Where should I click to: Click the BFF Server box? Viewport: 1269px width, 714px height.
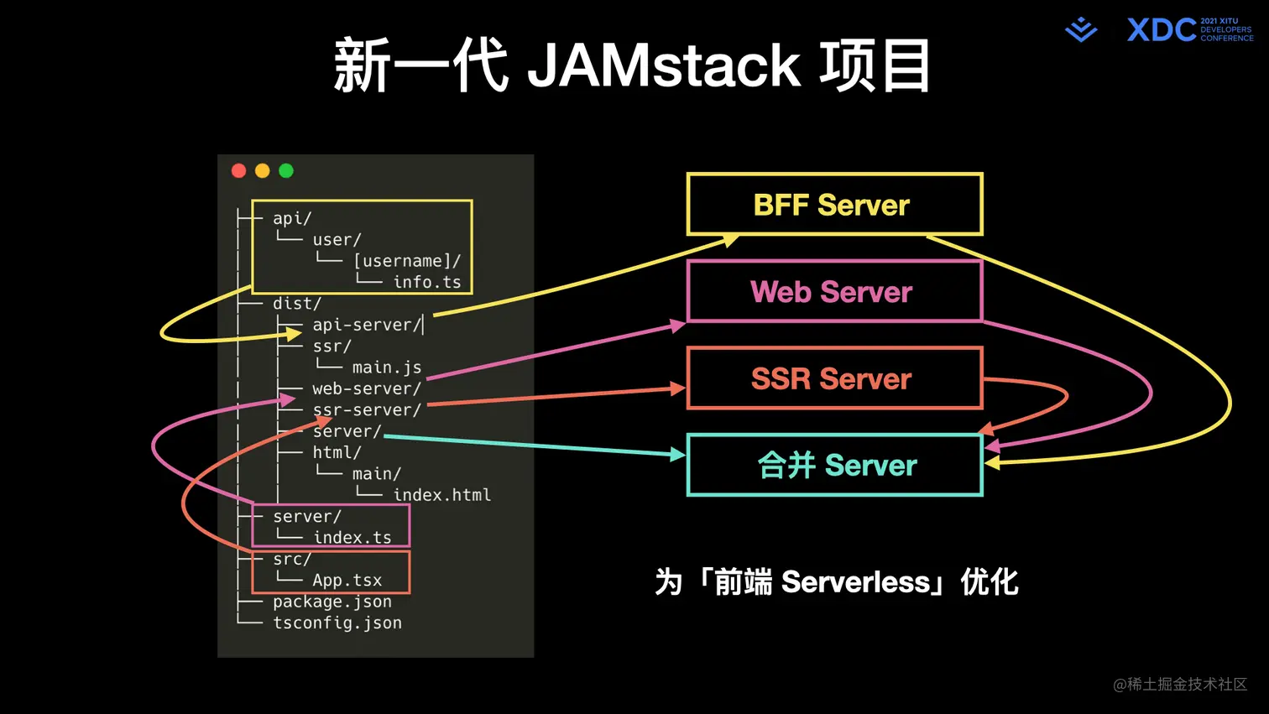834,205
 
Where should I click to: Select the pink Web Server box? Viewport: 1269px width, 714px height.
834,291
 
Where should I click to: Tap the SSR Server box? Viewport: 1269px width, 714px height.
834,378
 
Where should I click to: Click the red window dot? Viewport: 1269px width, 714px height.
239,171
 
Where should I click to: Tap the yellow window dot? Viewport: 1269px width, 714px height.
263,171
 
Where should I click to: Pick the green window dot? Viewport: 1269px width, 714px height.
286,171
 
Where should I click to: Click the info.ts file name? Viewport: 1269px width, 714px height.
427,282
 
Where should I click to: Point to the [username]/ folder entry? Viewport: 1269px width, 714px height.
407,261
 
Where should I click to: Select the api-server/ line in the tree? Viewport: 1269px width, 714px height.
366,325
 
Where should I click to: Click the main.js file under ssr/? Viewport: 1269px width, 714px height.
387,367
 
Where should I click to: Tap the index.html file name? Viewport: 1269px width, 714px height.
442,495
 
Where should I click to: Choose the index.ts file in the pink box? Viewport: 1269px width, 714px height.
352,538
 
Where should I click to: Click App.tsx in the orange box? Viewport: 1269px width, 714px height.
347,581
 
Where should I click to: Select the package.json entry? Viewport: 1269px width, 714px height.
332,602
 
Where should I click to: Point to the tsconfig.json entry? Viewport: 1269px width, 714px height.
337,623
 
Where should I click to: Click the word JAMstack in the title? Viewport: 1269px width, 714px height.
664,65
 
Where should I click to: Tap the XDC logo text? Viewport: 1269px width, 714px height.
1162,30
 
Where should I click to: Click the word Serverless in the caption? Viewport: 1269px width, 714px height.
855,582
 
